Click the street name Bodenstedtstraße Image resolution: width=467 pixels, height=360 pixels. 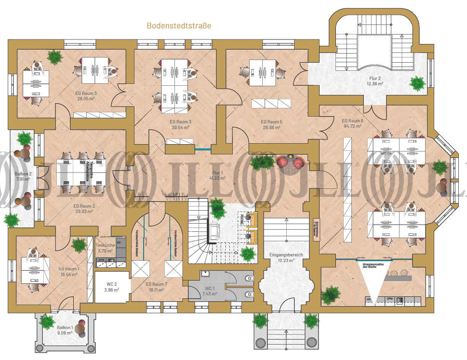click(x=179, y=25)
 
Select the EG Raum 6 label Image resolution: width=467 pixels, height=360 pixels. click(x=352, y=121)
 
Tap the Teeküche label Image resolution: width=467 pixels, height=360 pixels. click(x=105, y=245)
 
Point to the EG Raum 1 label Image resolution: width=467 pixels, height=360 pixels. click(x=69, y=269)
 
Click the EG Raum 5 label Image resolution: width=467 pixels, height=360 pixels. click(x=271, y=122)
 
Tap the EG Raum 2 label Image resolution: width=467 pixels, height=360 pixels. click(x=84, y=206)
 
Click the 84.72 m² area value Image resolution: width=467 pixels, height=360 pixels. click(x=352, y=127)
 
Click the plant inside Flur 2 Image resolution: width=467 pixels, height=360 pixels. click(x=417, y=83)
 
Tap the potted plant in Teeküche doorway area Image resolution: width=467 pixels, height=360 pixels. click(x=79, y=244)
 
